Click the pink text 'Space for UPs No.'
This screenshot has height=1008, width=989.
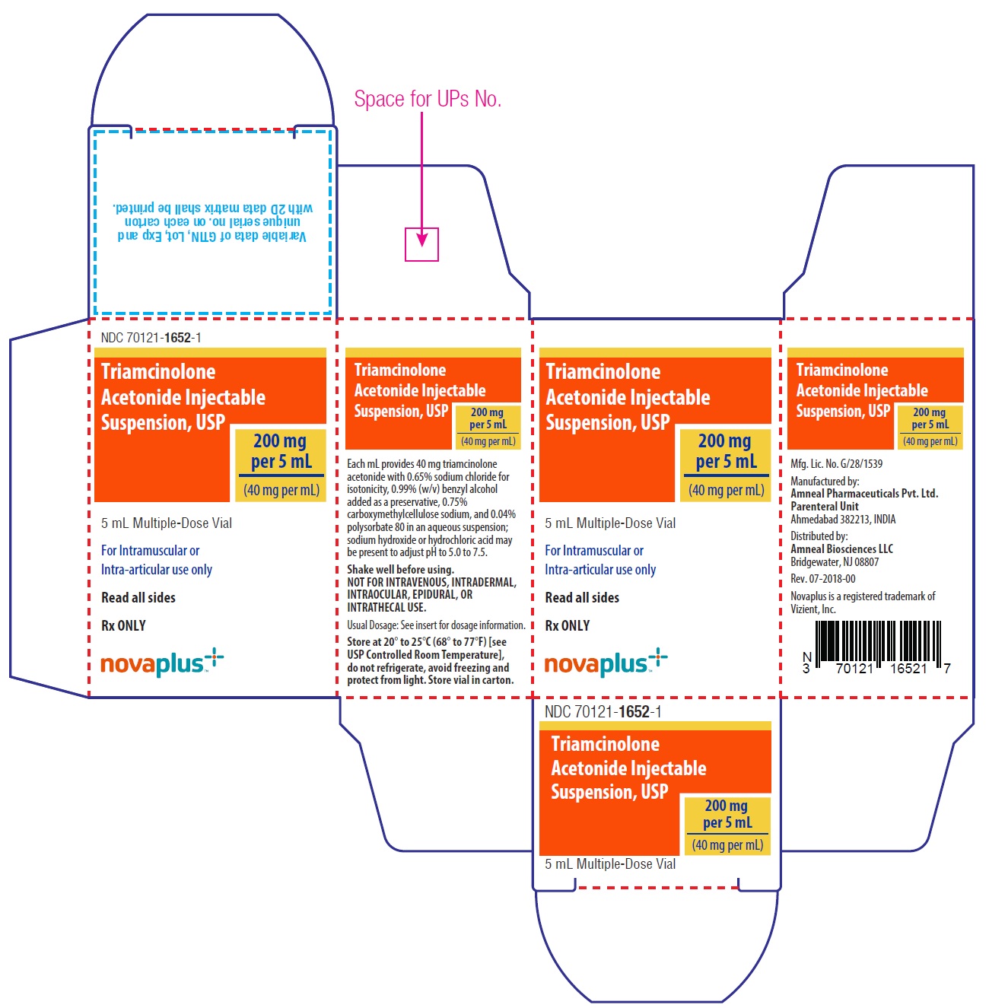[x=428, y=99]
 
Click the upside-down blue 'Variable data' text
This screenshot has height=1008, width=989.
[x=211, y=237]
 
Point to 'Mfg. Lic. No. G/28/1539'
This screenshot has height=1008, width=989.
[x=836, y=463]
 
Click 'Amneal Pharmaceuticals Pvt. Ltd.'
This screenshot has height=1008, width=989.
[x=864, y=493]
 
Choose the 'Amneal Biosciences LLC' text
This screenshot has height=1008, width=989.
[x=841, y=549]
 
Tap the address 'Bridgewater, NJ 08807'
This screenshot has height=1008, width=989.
[x=834, y=561]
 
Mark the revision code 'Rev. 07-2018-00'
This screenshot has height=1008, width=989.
[x=822, y=578]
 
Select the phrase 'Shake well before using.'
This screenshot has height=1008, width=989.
[x=400, y=569]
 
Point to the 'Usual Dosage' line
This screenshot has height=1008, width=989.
[x=436, y=625]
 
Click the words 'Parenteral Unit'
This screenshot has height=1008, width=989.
[x=824, y=507]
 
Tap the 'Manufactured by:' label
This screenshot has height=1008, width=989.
[x=824, y=481]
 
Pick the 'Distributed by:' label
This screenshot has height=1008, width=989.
[x=819, y=536]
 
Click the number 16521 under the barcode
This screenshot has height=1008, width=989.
[x=908, y=669]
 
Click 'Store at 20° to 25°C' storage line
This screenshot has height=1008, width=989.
[x=388, y=642]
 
